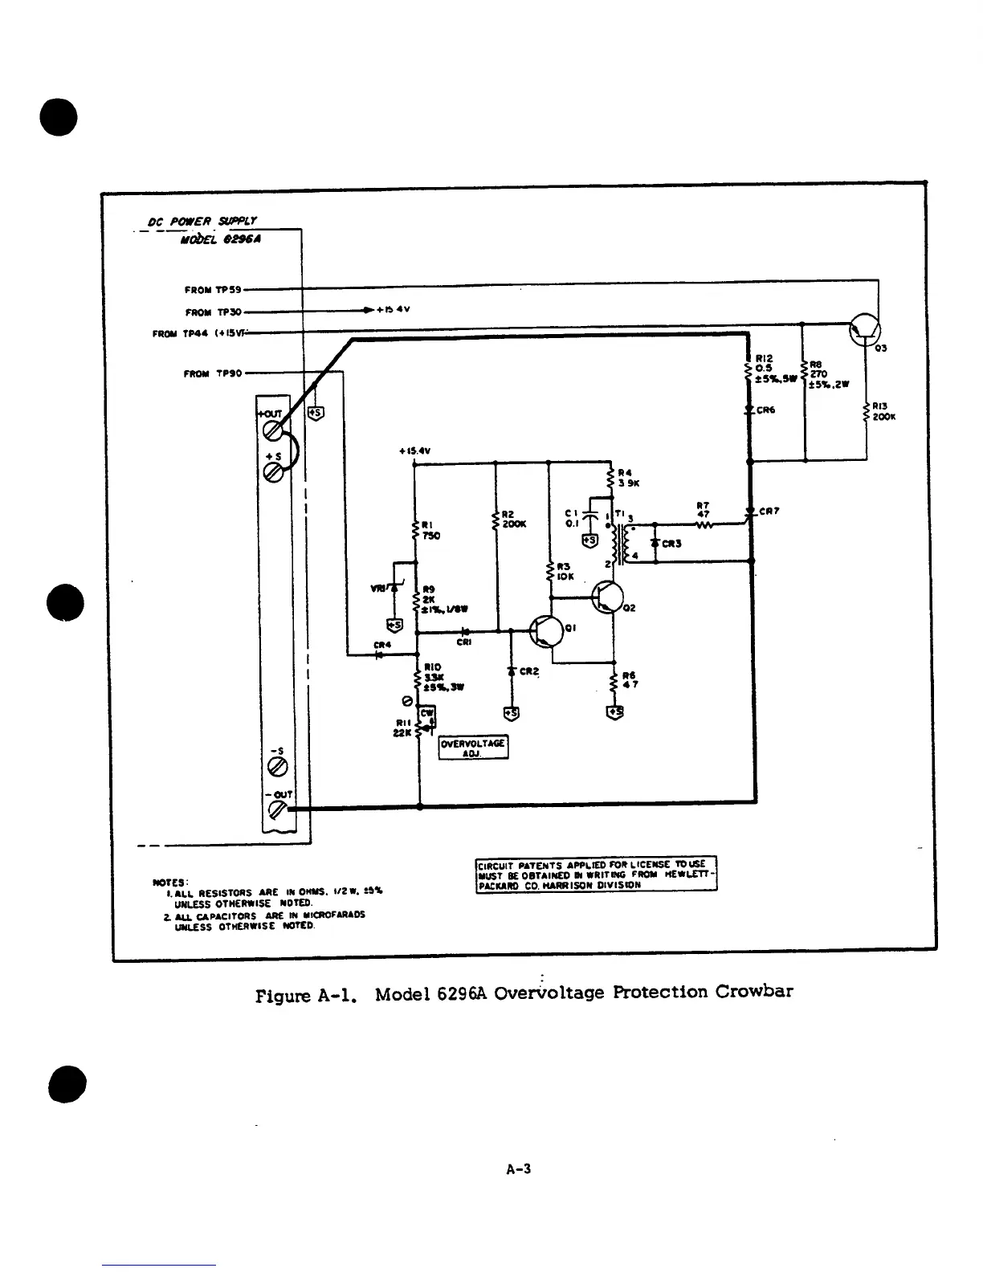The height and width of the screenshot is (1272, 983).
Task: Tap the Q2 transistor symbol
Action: (x=607, y=597)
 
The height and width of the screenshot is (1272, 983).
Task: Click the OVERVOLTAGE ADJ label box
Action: (x=473, y=748)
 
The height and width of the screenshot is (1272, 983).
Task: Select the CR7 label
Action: (x=769, y=511)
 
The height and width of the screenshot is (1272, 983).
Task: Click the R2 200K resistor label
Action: (x=513, y=519)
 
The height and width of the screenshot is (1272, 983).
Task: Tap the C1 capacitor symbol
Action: (x=589, y=515)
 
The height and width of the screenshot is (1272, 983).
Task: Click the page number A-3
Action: (x=519, y=1168)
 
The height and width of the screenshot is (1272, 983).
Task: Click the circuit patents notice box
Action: (x=596, y=874)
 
